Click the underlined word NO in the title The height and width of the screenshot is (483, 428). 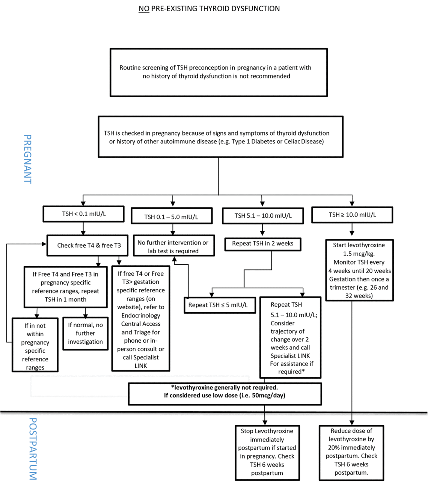pyautogui.click(x=144, y=9)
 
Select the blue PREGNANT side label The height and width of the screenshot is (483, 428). pyautogui.click(x=27, y=159)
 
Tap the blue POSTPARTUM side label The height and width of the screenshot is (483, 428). pyautogui.click(x=33, y=449)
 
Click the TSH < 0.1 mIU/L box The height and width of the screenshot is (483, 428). pyautogui.click(x=83, y=214)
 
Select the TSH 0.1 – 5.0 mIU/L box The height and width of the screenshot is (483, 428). pyautogui.click(x=172, y=217)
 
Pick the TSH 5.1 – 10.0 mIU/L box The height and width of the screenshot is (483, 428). pyautogui.click(x=263, y=216)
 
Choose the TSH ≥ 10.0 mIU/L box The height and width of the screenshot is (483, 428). pyautogui.click(x=352, y=215)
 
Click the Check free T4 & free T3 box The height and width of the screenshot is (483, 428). pyautogui.click(x=87, y=245)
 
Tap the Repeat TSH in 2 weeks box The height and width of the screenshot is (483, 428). pyautogui.click(x=262, y=244)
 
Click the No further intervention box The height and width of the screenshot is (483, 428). pyautogui.click(x=173, y=247)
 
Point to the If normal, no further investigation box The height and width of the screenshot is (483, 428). pyautogui.click(x=85, y=333)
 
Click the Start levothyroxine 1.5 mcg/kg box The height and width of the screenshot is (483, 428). pyautogui.click(x=359, y=270)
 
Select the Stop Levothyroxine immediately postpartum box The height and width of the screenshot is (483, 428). pyautogui.click(x=267, y=452)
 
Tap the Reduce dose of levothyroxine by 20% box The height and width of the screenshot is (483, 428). pyautogui.click(x=351, y=452)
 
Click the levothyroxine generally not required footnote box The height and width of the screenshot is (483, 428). pyautogui.click(x=225, y=393)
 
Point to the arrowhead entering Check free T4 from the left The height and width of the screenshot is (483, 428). pyautogui.click(x=44, y=244)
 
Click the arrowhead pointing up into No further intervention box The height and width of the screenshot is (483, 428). pyautogui.click(x=174, y=259)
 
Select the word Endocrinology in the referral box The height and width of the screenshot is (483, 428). pyautogui.click(x=140, y=316)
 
